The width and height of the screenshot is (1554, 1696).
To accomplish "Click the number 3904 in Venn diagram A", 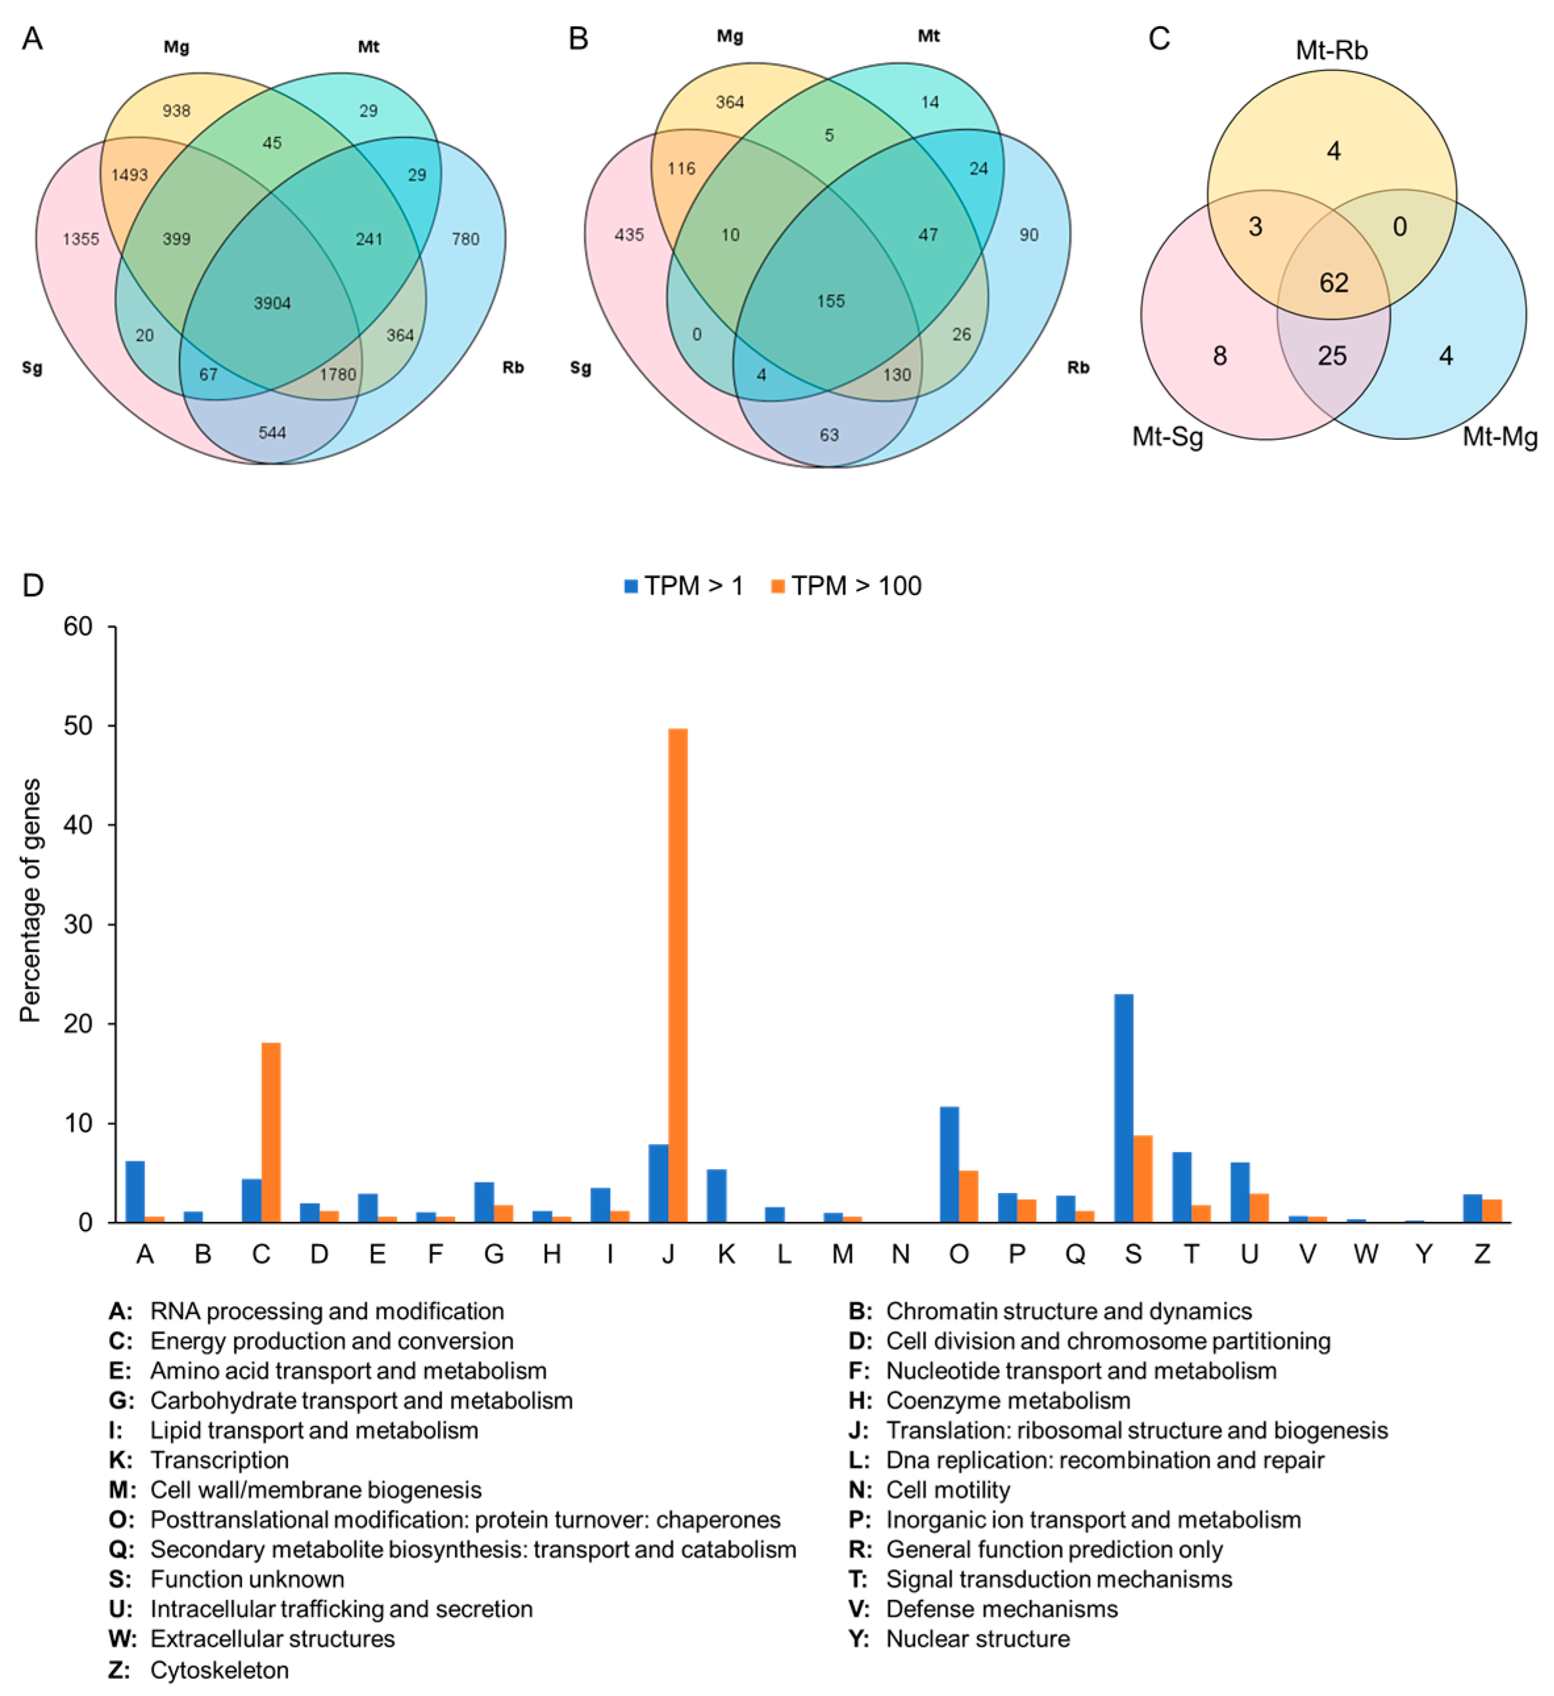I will (272, 303).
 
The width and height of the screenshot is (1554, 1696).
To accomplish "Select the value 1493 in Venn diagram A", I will (129, 175).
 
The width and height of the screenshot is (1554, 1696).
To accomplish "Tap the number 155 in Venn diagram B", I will (831, 301).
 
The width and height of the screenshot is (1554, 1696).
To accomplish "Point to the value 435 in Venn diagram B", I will (629, 235).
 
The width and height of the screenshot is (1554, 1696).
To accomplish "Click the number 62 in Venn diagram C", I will (1334, 283).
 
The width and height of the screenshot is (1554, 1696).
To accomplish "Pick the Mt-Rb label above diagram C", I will (1331, 51).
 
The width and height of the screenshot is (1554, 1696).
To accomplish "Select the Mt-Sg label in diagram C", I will (1167, 437).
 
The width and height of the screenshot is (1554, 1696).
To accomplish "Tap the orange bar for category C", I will (271, 1132).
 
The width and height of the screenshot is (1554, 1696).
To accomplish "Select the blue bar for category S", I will (1123, 1108).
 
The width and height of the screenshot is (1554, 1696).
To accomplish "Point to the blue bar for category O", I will (949, 1165).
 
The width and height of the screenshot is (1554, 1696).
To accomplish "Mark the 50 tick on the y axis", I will (78, 726).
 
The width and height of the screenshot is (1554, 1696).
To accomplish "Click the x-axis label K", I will (726, 1254).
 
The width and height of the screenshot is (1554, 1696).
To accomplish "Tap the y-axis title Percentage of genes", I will (31, 900).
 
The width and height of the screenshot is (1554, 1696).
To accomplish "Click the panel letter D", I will (33, 585).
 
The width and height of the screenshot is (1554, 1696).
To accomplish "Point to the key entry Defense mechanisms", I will (1002, 1609).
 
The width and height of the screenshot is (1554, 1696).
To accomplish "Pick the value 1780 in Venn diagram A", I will (337, 374).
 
